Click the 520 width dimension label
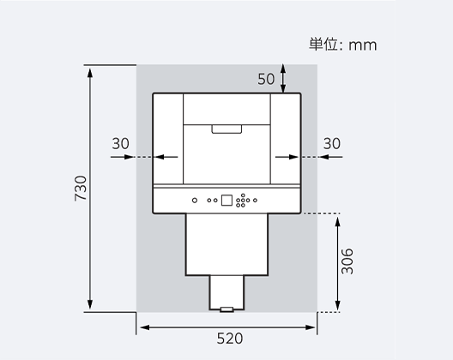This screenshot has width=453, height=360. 229,339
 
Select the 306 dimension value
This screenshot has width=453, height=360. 347,261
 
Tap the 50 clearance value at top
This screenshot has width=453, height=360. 266,78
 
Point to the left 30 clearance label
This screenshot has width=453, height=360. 120,143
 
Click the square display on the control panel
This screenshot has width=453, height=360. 226,201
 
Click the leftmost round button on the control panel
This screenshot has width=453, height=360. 196,201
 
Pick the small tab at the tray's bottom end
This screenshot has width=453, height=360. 226,309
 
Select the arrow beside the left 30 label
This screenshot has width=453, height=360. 166,157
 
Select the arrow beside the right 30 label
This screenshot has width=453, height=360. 287,157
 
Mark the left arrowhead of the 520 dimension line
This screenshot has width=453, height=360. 142,327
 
